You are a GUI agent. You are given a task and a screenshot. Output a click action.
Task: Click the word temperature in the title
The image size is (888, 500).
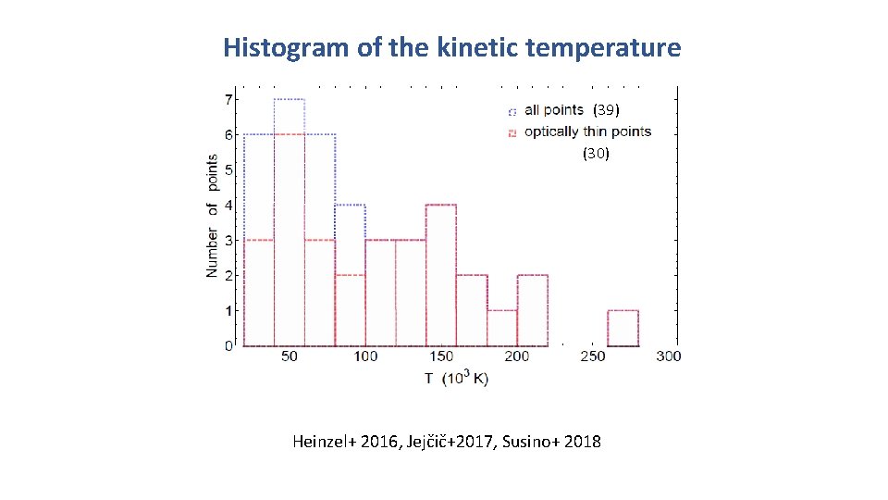point(603,47)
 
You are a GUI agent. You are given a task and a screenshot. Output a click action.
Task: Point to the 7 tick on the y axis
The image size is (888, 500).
point(228,99)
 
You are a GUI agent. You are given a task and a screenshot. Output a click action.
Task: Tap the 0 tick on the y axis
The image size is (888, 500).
point(228,345)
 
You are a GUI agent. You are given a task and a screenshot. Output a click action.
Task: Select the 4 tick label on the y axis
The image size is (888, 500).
point(228,205)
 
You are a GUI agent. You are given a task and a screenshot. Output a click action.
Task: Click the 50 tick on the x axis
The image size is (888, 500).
point(290,356)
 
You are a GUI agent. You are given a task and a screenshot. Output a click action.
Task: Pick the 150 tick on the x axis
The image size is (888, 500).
point(441,356)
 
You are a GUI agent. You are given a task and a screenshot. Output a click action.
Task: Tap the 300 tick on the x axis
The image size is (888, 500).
point(668,356)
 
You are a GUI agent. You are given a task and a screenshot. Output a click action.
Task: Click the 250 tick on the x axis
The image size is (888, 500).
point(592,356)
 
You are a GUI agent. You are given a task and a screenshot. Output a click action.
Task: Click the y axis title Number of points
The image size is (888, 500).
point(212,216)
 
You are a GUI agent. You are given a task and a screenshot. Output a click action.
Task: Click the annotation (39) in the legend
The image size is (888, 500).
point(612,110)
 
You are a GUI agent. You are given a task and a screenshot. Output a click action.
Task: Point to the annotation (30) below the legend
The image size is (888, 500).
point(596,155)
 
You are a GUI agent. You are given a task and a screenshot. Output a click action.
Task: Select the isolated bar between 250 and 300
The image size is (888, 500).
point(623,328)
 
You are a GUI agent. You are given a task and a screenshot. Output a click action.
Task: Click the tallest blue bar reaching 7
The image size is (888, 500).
point(290,222)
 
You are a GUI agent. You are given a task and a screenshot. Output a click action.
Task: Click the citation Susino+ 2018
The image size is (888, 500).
point(551,442)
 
